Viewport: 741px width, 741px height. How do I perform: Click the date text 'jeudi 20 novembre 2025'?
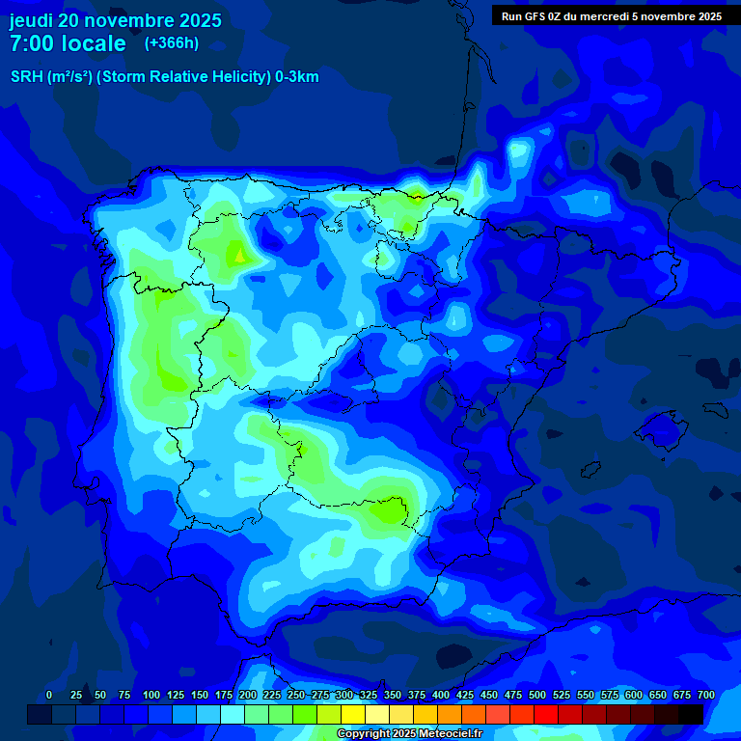point(115,20)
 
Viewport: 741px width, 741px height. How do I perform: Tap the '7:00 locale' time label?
point(68,44)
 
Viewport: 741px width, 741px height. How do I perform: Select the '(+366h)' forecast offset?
point(171,43)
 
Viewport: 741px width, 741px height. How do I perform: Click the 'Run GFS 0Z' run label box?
point(611,16)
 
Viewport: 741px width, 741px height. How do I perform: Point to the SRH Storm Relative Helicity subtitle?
point(164,77)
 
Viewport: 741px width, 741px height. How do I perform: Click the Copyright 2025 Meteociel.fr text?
point(409,734)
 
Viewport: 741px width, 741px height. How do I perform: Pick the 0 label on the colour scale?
point(49,696)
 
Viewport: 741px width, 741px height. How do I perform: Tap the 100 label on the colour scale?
point(151,696)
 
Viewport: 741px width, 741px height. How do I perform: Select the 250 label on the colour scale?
point(296,696)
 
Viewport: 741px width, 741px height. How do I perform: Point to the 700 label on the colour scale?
point(705,696)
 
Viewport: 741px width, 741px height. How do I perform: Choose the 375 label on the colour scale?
point(417,696)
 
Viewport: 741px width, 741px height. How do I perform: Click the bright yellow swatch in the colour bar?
point(353,715)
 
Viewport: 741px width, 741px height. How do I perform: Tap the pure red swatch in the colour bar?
point(546,715)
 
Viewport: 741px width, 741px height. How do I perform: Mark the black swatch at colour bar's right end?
point(691,715)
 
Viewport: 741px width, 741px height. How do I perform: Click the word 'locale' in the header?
point(94,44)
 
